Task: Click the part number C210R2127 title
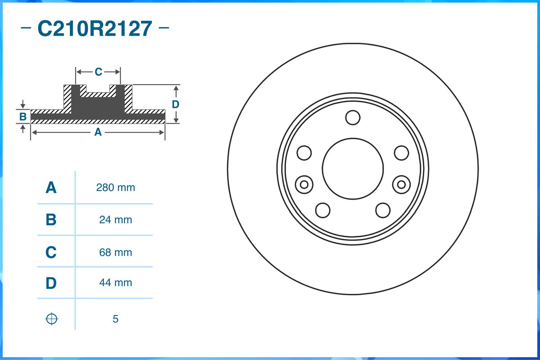(x=95, y=29)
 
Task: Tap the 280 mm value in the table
(x=116, y=188)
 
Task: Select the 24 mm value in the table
(x=116, y=220)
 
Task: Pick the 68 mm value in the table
(x=116, y=252)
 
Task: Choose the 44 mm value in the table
(x=116, y=283)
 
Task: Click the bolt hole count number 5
(x=115, y=319)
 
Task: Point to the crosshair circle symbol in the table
(x=51, y=319)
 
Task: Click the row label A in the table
(x=51, y=188)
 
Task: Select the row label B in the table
(x=51, y=220)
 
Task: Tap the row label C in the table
(x=51, y=252)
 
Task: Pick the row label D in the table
(x=51, y=283)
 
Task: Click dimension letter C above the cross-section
(x=98, y=72)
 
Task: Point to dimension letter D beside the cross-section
(x=175, y=104)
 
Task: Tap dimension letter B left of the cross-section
(x=23, y=117)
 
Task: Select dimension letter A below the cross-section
(x=98, y=132)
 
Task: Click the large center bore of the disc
(x=353, y=168)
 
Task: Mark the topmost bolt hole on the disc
(x=353, y=117)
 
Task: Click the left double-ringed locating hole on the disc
(x=304, y=185)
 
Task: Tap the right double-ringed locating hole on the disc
(x=401, y=185)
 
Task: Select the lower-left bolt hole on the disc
(x=323, y=210)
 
